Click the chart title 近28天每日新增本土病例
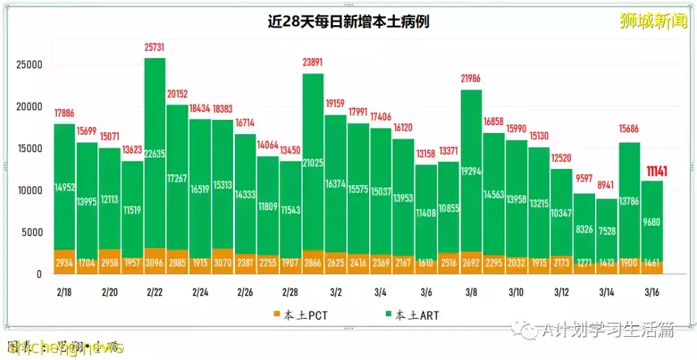click(348, 22)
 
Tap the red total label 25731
click(154, 48)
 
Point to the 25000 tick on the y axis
click(29, 65)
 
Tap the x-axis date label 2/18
click(64, 293)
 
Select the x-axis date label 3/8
click(470, 293)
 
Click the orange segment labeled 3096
click(154, 261)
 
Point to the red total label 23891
click(312, 63)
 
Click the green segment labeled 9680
click(651, 221)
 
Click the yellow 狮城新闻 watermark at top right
click(653, 21)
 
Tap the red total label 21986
click(470, 79)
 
